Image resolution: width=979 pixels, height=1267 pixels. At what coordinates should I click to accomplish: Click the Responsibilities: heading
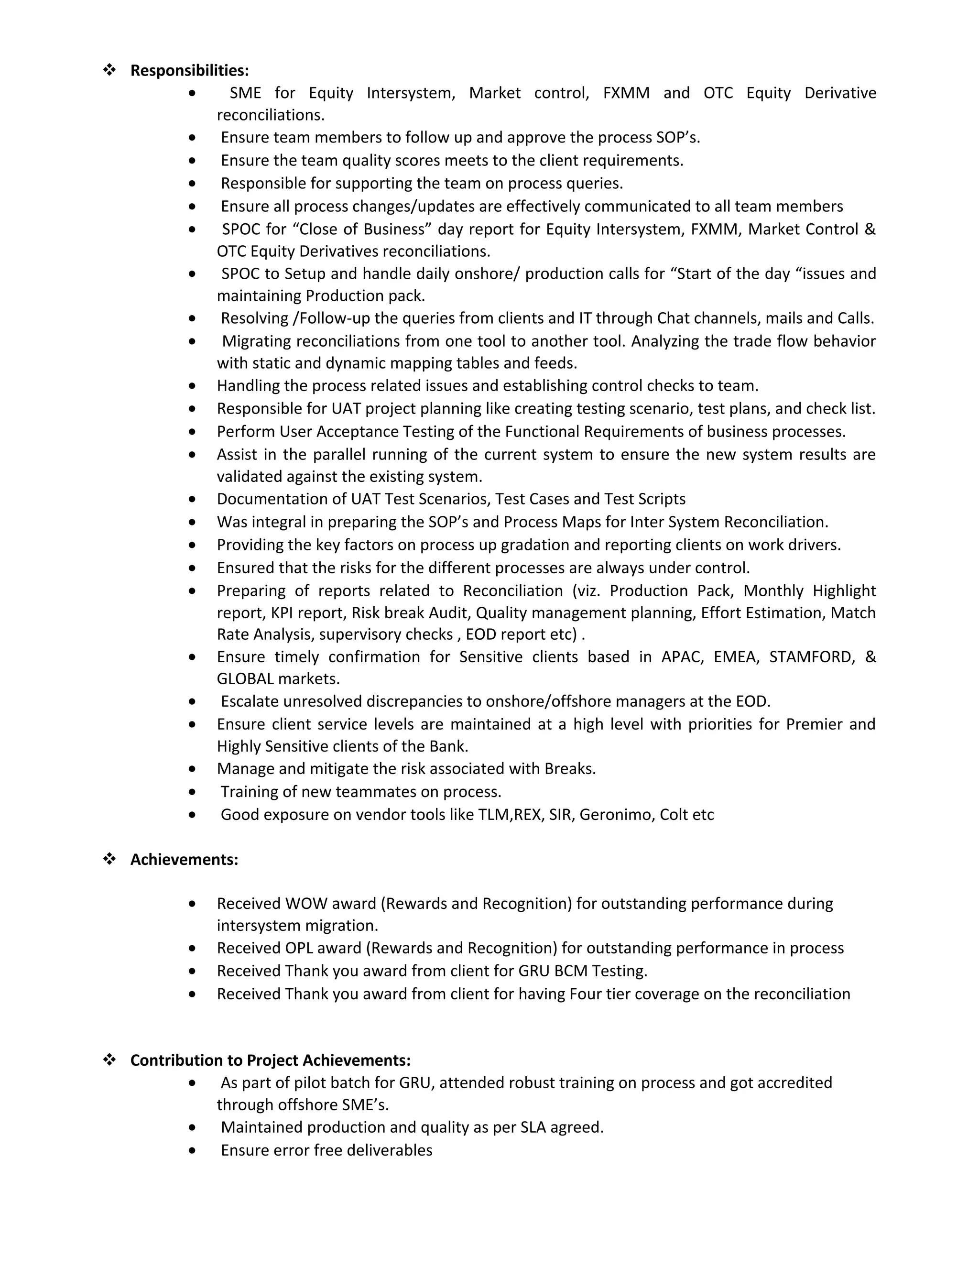pyautogui.click(x=189, y=70)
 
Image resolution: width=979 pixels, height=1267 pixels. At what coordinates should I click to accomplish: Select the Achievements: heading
pyautogui.click(x=184, y=859)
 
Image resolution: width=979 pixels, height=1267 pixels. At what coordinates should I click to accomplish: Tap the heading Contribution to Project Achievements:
pyautogui.click(x=270, y=1060)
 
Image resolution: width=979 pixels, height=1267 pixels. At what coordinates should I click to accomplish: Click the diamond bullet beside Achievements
pyautogui.click(x=109, y=859)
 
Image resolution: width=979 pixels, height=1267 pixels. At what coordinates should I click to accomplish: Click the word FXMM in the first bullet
pyautogui.click(x=626, y=93)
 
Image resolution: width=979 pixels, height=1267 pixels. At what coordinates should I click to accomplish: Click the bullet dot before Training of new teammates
pyautogui.click(x=193, y=792)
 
